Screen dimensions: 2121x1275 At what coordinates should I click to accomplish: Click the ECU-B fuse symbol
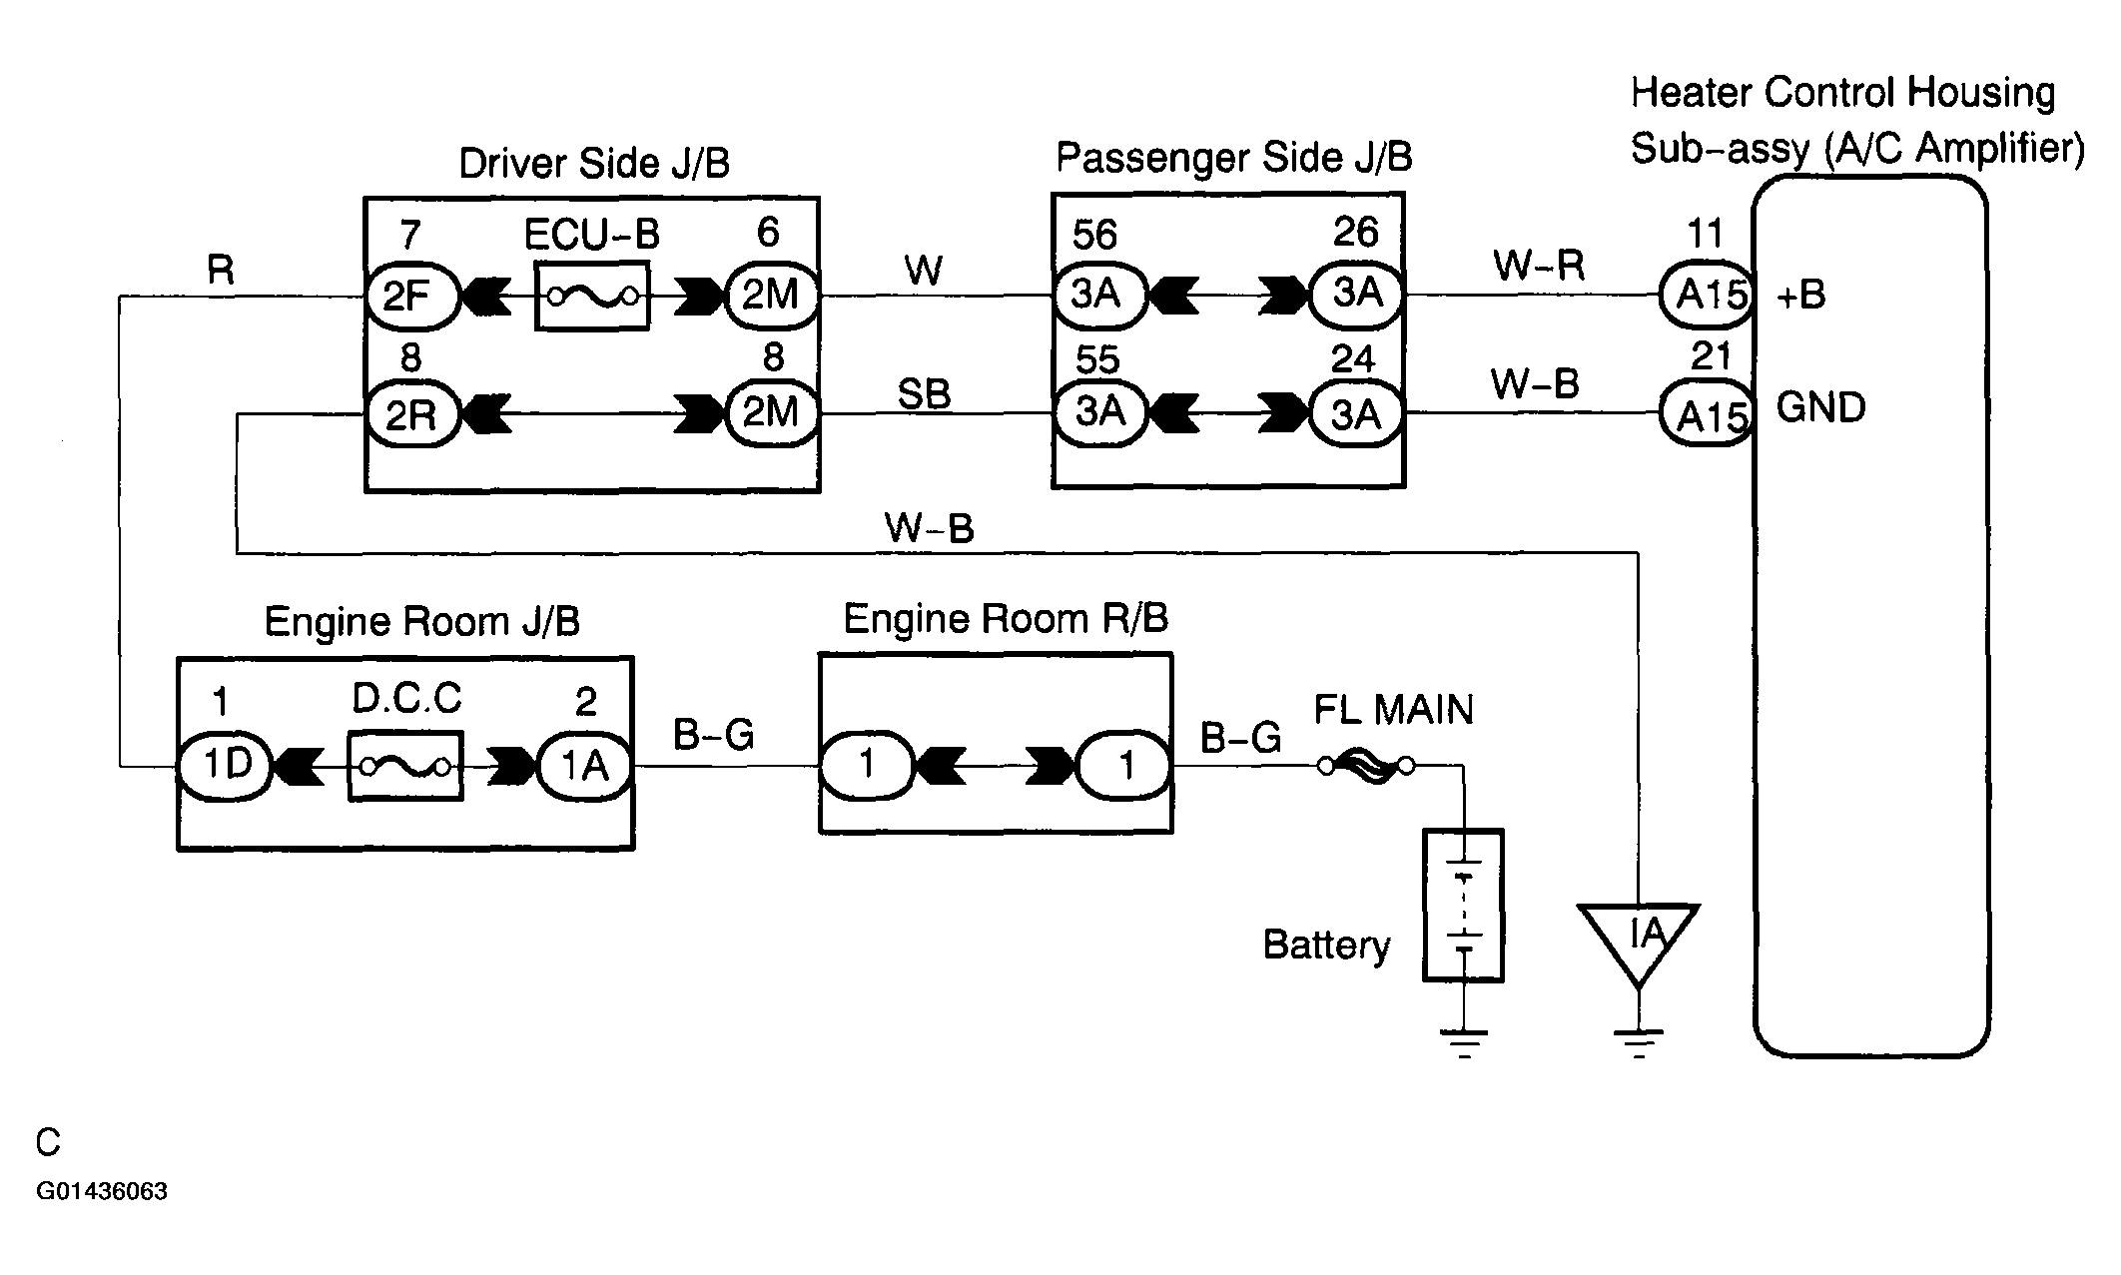(592, 297)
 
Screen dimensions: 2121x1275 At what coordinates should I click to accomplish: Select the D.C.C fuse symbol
(405, 767)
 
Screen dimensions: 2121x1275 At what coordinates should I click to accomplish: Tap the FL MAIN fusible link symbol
(1365, 767)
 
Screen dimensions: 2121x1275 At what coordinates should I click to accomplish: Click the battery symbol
(1463, 905)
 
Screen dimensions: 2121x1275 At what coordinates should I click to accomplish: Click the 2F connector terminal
(409, 297)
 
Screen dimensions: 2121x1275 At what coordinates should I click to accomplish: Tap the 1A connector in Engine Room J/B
(585, 767)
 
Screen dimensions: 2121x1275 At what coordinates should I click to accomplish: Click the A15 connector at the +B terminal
(1708, 295)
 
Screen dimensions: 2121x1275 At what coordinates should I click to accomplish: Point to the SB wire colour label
(924, 394)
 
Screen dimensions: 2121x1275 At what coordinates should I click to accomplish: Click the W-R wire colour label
(1539, 266)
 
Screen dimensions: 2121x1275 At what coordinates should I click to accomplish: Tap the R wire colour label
(220, 270)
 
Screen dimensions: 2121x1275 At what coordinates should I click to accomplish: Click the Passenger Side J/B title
(1234, 158)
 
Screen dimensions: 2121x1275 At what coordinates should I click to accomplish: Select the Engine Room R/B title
(1006, 619)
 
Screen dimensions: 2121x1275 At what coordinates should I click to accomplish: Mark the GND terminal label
(1821, 408)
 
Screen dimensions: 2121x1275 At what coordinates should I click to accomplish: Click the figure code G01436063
(102, 1191)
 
